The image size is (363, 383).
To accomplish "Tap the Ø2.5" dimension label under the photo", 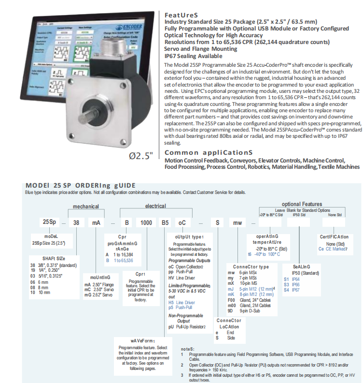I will point(140,156).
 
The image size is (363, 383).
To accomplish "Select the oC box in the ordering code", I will point(182,222).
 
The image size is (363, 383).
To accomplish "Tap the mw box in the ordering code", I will point(237,222).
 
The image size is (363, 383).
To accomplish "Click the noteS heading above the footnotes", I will point(187,349).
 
